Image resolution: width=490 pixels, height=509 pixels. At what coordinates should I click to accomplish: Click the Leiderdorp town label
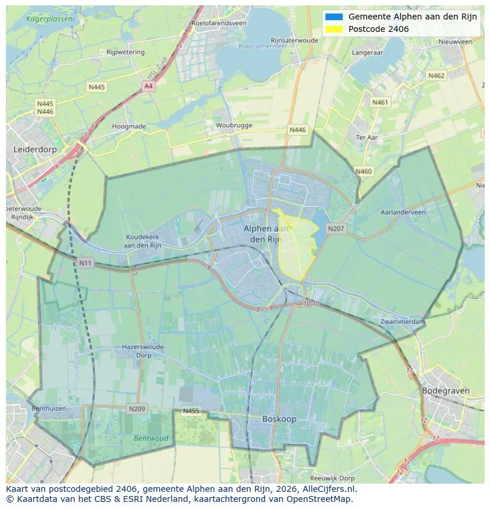tap(35, 150)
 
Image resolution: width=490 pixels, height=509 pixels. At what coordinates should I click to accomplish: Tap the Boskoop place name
tap(279, 419)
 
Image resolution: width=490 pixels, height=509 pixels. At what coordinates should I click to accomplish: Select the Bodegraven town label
tap(446, 391)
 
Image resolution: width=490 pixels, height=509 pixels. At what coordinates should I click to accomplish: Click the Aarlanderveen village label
tap(403, 212)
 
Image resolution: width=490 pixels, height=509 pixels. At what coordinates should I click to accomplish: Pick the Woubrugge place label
tap(234, 125)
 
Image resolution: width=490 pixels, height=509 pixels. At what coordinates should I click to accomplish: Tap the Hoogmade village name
tap(128, 126)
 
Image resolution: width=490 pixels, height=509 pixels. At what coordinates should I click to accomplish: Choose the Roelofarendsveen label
tap(219, 23)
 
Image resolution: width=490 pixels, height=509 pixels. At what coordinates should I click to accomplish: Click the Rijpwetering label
tap(125, 52)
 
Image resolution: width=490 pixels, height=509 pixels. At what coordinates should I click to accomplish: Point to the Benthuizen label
tap(49, 409)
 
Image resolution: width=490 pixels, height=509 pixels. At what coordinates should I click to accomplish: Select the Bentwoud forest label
tap(151, 439)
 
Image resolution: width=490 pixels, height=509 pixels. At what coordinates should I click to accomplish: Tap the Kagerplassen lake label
tap(50, 19)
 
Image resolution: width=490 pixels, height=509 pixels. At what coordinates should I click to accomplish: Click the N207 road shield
tap(336, 228)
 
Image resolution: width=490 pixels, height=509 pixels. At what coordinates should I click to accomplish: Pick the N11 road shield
tap(85, 262)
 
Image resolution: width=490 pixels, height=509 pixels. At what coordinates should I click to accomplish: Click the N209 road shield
tap(136, 409)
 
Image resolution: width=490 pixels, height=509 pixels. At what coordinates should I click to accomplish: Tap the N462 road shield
tap(436, 76)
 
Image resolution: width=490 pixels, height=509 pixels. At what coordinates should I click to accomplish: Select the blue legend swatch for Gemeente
tap(334, 17)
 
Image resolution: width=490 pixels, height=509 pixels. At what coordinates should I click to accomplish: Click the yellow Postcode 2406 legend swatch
tap(334, 29)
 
